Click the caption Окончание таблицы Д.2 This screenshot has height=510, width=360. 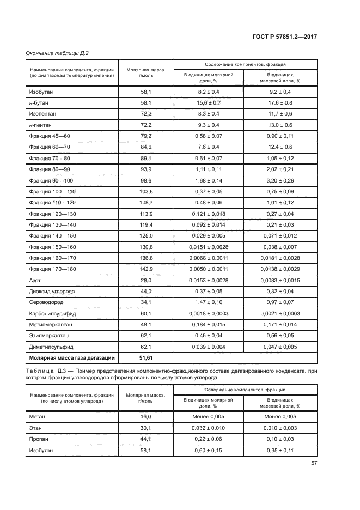(57, 53)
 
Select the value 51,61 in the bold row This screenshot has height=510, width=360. (146, 357)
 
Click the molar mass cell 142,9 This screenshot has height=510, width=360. (146, 269)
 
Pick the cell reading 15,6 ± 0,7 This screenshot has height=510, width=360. (209, 102)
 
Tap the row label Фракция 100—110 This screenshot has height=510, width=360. (53, 191)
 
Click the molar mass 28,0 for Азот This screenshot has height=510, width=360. (146, 280)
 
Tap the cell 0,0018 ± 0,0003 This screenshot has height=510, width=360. (209, 313)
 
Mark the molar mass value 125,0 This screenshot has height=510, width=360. (146, 235)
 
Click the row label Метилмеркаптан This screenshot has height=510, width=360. (51, 324)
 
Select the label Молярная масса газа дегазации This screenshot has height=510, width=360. (69, 357)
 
